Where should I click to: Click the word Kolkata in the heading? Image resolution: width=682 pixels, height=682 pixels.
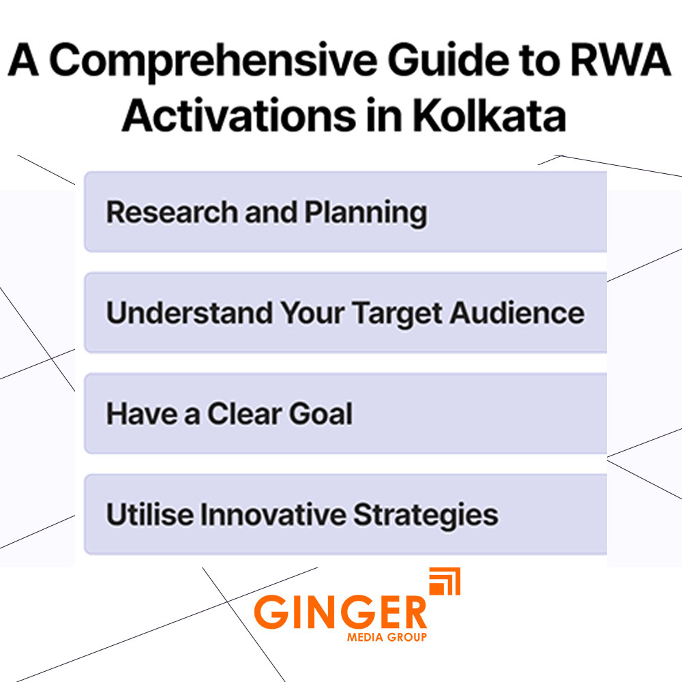(x=488, y=117)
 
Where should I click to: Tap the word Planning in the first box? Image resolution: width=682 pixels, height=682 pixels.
(x=366, y=213)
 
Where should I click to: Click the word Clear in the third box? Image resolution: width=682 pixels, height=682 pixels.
(x=245, y=414)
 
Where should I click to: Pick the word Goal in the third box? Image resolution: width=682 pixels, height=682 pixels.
(x=321, y=414)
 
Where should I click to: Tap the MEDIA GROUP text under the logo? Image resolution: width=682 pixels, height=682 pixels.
(x=386, y=637)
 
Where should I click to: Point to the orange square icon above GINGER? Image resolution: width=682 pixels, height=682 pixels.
(x=445, y=582)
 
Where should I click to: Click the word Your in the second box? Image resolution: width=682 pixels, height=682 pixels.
(x=313, y=313)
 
